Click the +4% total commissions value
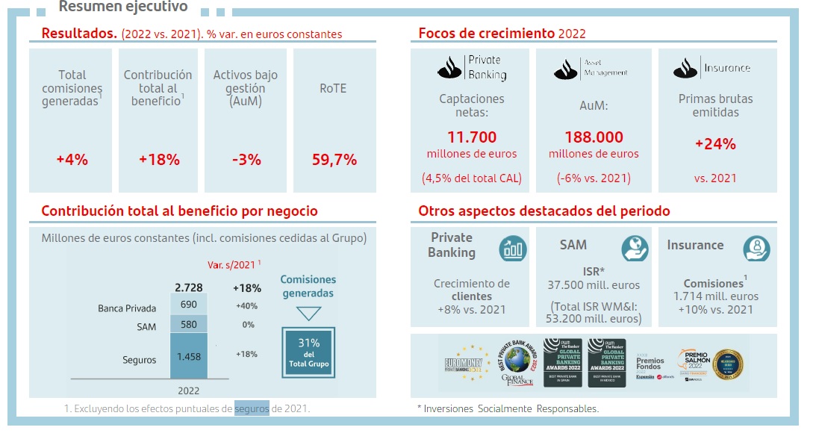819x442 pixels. [x=72, y=159]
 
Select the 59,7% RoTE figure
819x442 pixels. [x=334, y=159]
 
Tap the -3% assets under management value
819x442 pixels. [x=246, y=159]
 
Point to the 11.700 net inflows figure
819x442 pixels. [x=471, y=137]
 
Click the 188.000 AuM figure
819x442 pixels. [x=594, y=137]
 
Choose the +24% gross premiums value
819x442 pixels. [x=715, y=143]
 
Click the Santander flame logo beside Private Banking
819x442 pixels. [x=450, y=67]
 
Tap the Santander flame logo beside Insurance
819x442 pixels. [x=685, y=67]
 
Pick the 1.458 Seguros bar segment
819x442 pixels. [x=188, y=357]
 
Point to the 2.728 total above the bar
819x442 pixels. [x=188, y=287]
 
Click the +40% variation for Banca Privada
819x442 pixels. [x=246, y=305]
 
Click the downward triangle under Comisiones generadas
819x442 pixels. [x=308, y=313]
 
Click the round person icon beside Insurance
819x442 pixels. [x=756, y=248]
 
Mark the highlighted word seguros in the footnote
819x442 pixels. [x=252, y=408]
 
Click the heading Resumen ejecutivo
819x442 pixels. [x=123, y=7]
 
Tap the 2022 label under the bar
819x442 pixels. [x=188, y=390]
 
